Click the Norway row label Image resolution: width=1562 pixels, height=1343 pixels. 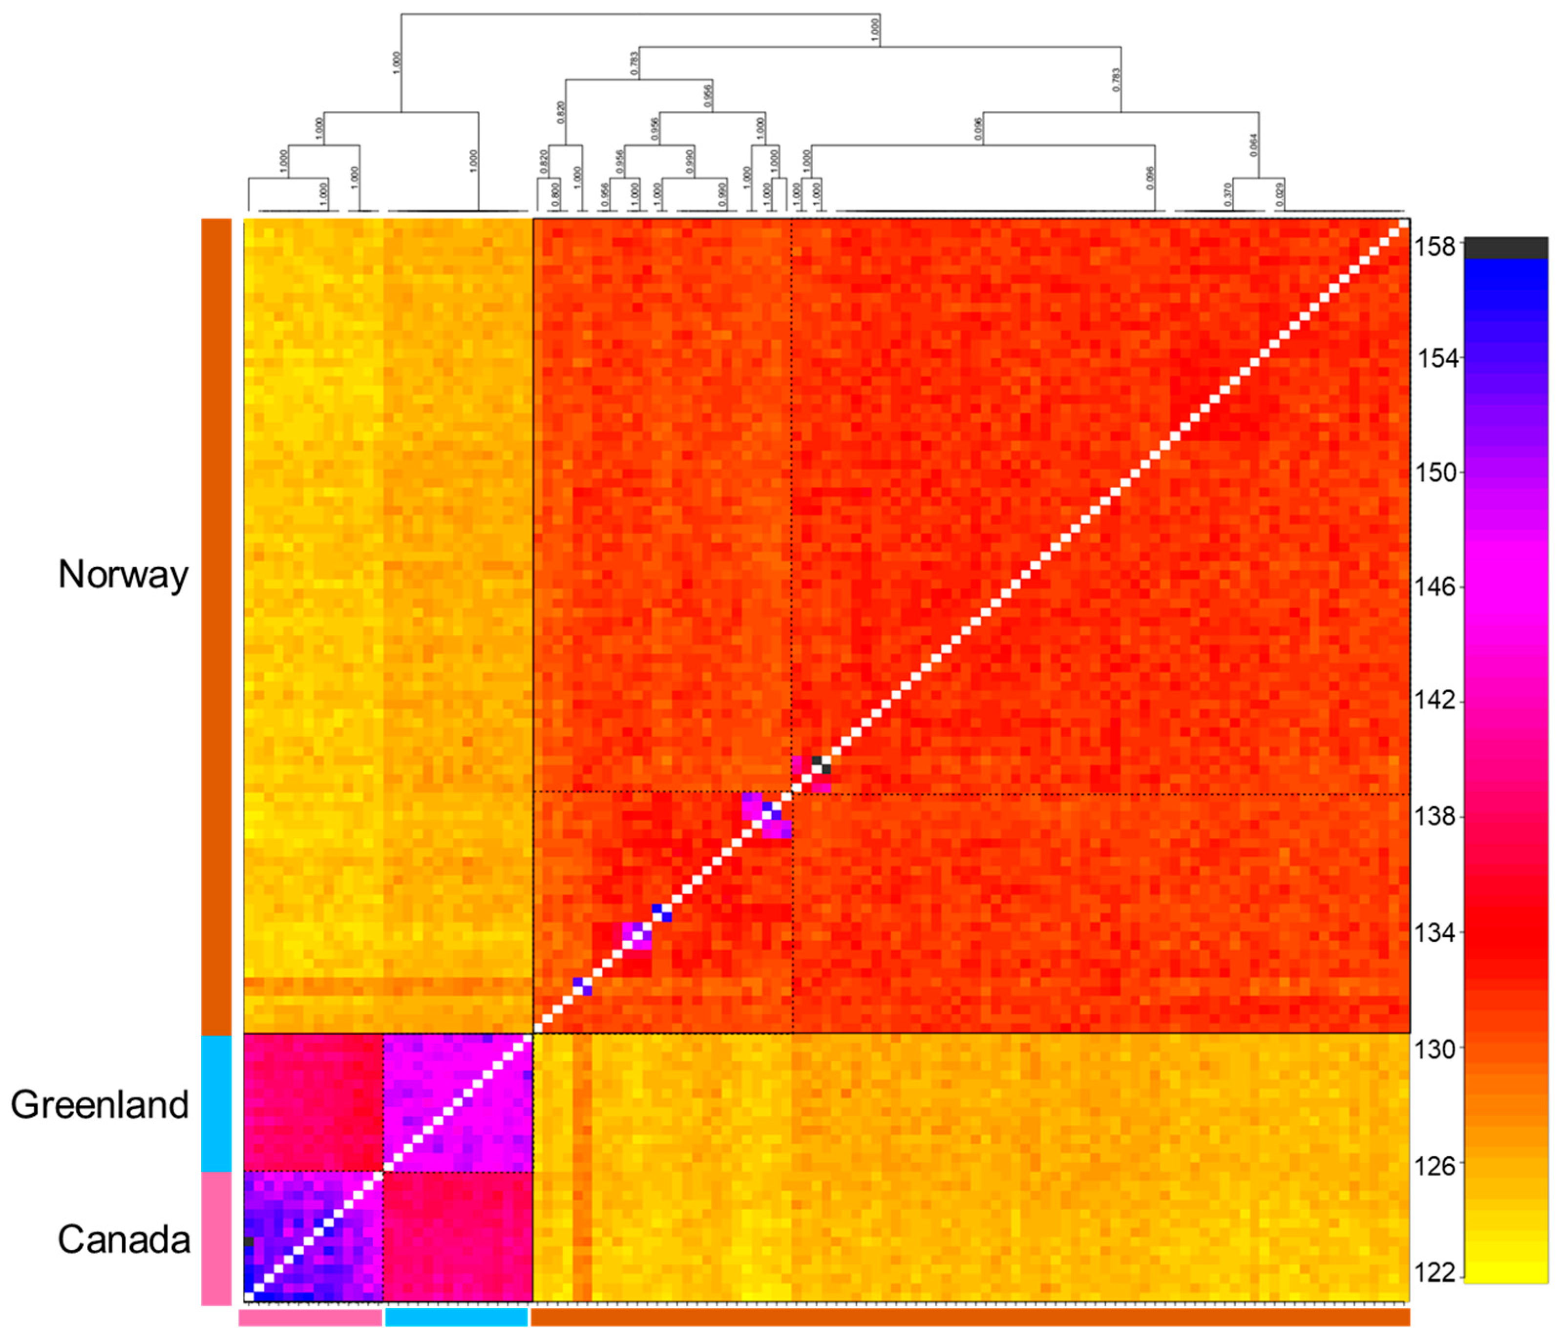pyautogui.click(x=123, y=575)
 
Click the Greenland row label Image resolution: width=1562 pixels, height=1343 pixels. pyautogui.click(x=100, y=1105)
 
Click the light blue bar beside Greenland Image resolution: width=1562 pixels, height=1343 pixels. pyautogui.click(x=216, y=1103)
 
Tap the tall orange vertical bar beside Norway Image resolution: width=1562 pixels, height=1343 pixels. pyautogui.click(x=216, y=626)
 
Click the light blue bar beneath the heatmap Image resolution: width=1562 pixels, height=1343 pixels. pyautogui.click(x=456, y=1317)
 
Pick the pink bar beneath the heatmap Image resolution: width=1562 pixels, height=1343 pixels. pyautogui.click(x=311, y=1317)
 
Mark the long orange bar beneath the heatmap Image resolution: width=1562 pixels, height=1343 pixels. pyautogui.click(x=970, y=1317)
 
